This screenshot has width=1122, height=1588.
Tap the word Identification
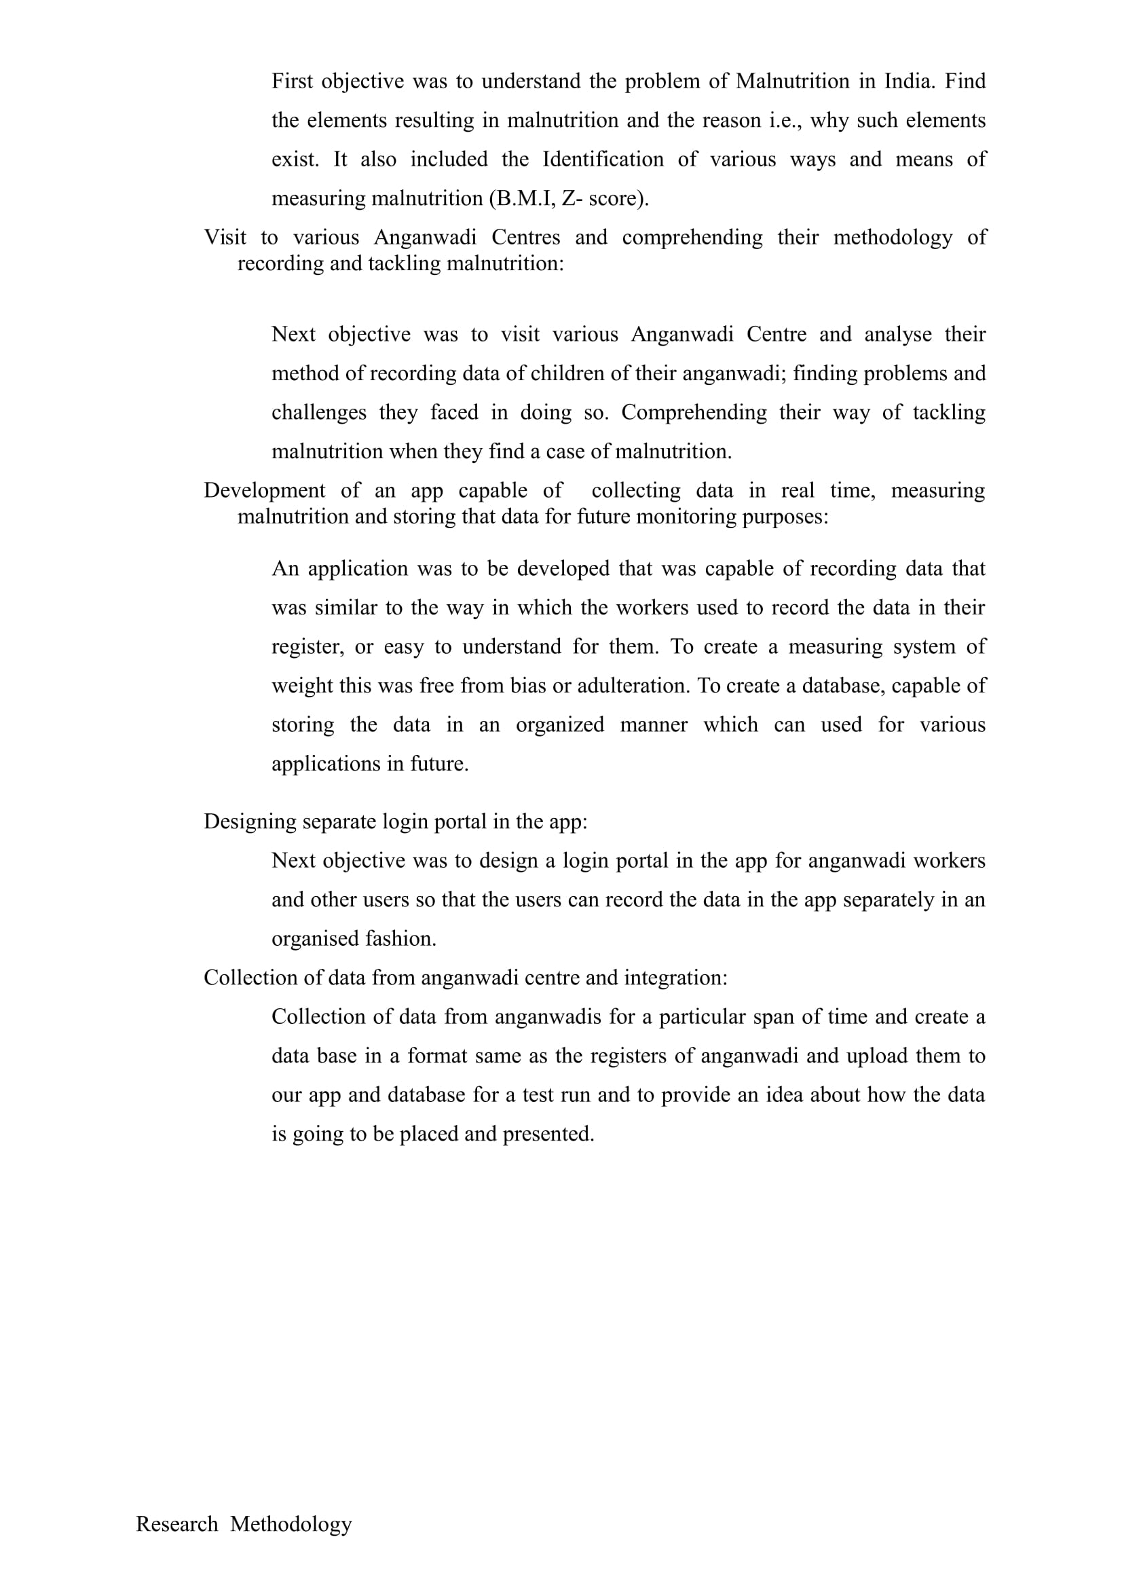pos(602,160)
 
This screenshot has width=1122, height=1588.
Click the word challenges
pos(319,412)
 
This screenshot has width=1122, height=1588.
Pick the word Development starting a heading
pos(264,490)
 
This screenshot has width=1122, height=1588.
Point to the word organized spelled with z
pos(559,725)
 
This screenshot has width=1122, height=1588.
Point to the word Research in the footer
pos(177,1524)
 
